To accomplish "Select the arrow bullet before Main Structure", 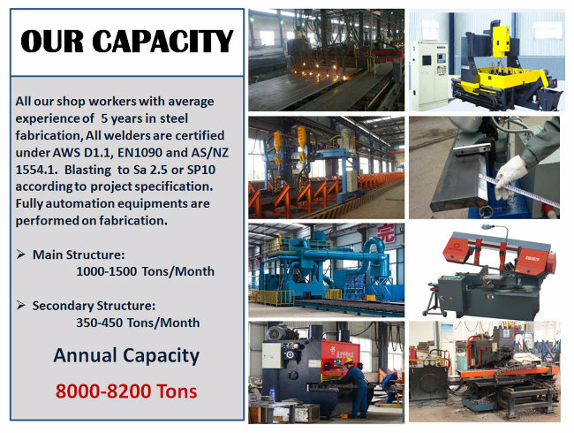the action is click(21, 254).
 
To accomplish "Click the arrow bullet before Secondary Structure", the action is click(21, 305).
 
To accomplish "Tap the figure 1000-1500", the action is click(107, 271).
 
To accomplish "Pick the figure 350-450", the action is click(99, 323).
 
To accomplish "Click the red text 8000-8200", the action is click(103, 391).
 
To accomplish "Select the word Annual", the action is click(86, 355).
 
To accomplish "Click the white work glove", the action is click(510, 175).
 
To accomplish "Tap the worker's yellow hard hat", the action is click(348, 361).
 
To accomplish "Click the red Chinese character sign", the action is click(386, 233).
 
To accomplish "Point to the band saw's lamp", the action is click(487, 227).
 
